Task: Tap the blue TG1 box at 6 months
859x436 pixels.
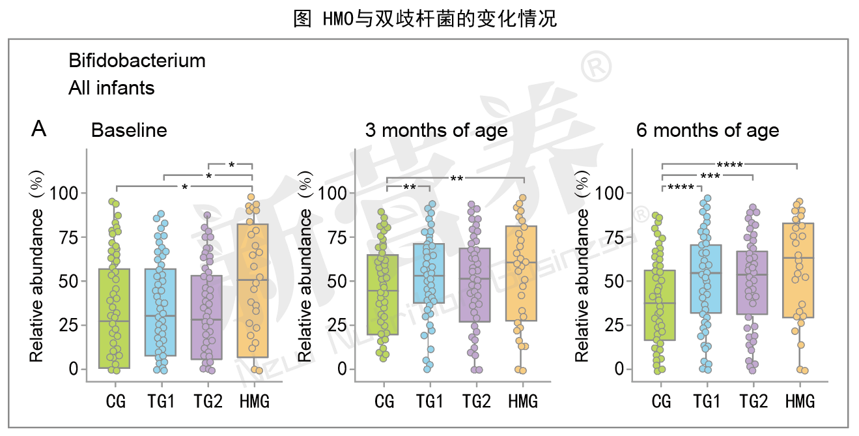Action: click(705, 279)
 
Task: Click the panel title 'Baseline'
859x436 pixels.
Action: click(129, 130)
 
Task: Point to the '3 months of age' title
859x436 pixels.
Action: click(436, 130)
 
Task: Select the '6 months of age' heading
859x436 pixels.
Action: click(707, 130)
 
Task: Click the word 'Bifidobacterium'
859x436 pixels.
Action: click(137, 61)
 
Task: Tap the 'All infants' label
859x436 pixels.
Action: click(111, 88)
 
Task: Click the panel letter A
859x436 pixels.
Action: click(39, 130)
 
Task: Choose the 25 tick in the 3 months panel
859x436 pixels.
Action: click(339, 325)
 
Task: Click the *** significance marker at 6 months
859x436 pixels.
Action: click(709, 177)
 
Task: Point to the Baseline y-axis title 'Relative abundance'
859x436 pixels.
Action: click(37, 285)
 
